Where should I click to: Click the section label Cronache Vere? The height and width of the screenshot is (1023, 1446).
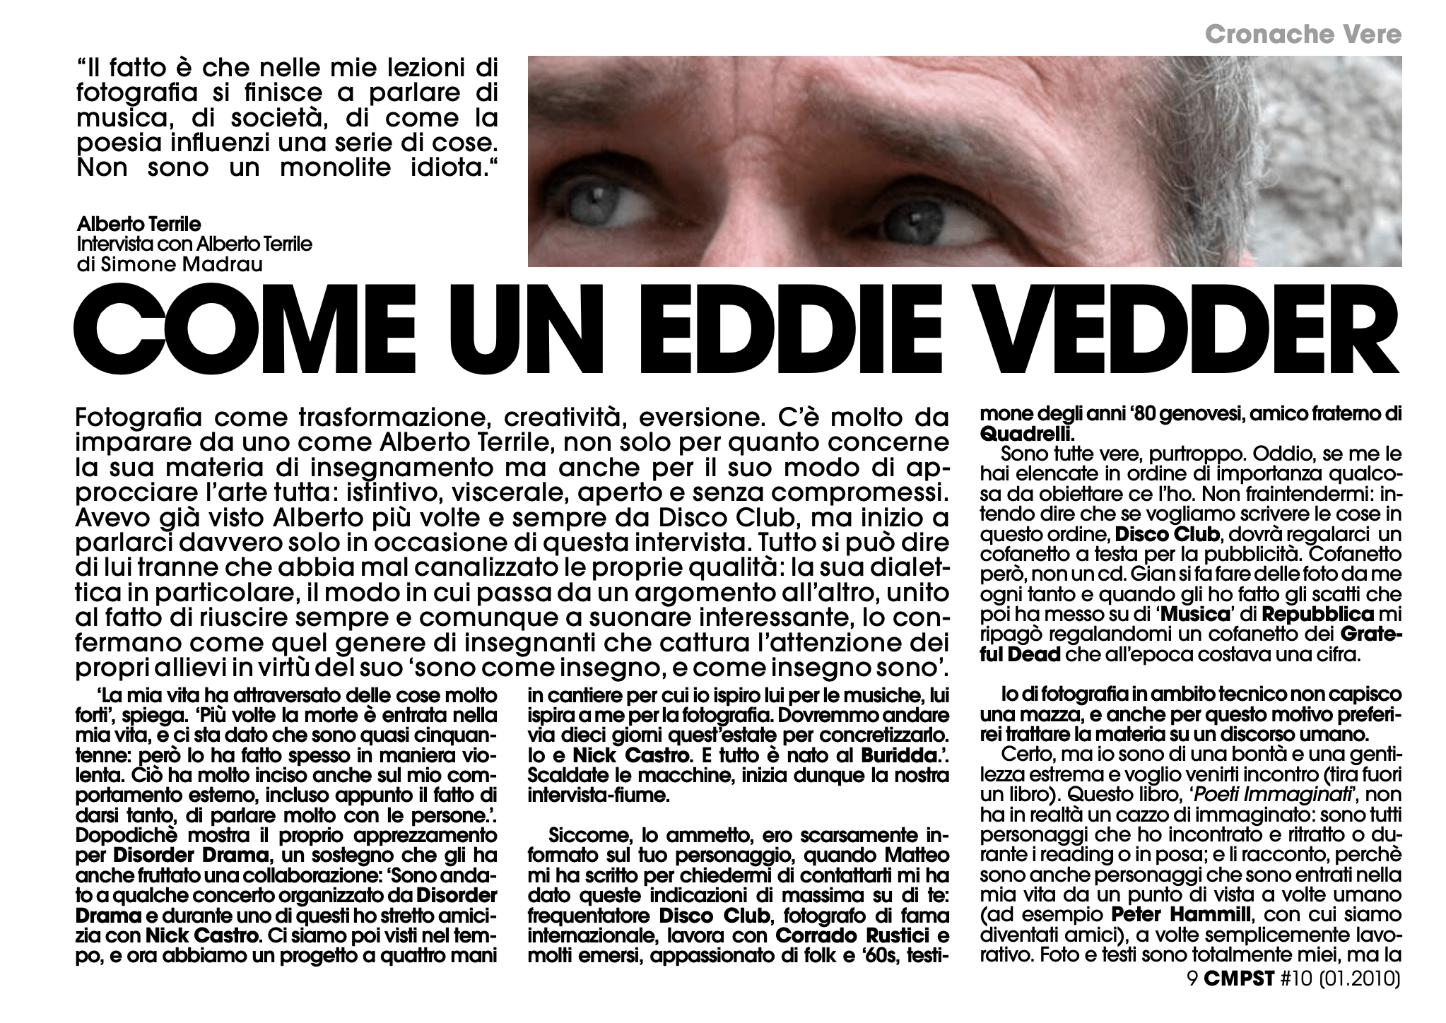[x=1303, y=34]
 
